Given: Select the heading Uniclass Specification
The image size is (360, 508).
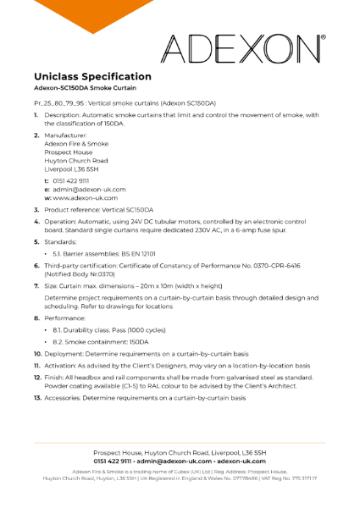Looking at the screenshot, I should tap(93, 76).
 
